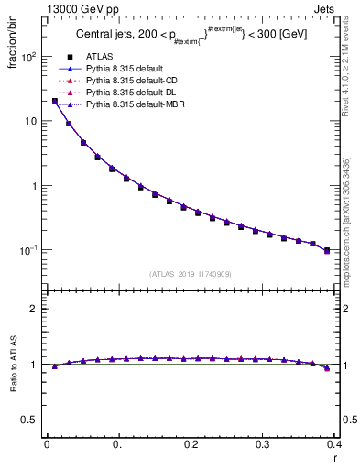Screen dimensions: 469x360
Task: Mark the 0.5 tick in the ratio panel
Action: [x=28, y=420]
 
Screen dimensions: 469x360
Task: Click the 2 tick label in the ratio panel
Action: [x=33, y=309]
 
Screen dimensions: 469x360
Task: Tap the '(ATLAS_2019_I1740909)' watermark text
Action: [x=191, y=274]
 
